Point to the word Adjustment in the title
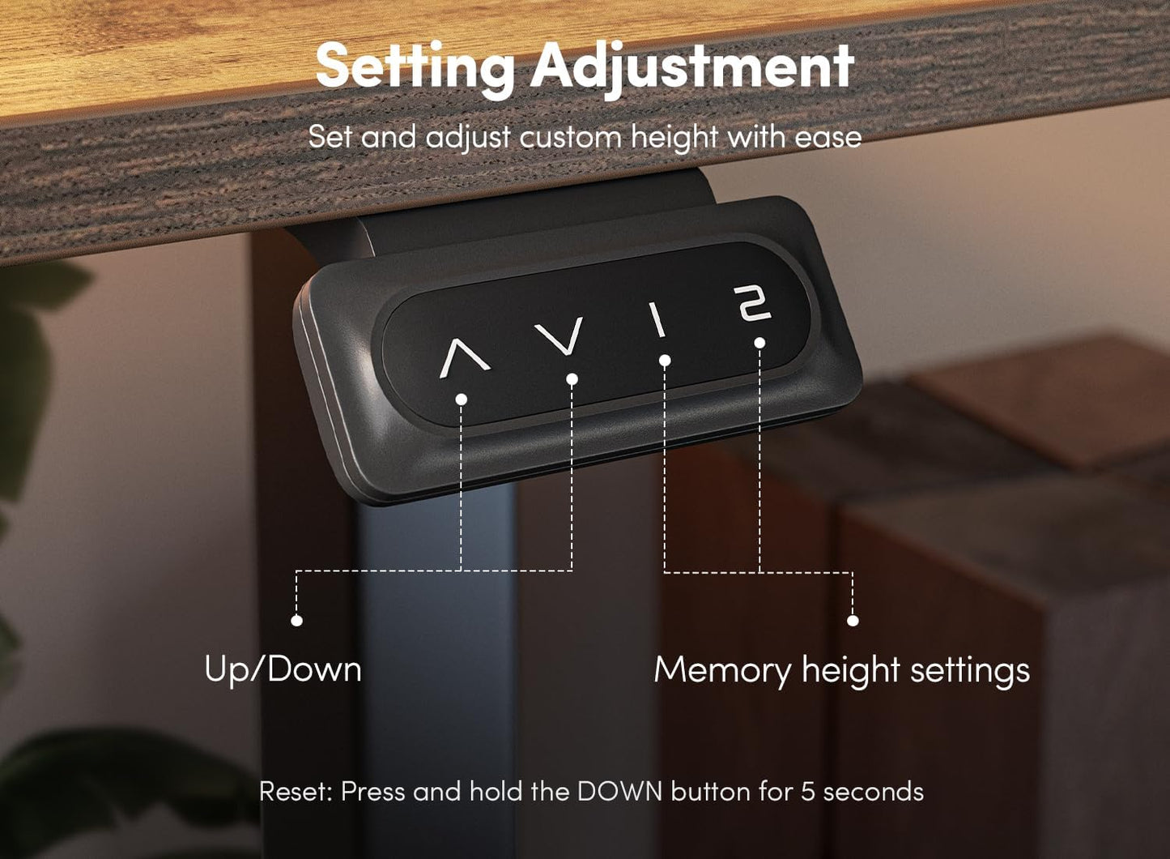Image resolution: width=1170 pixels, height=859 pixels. [x=692, y=68]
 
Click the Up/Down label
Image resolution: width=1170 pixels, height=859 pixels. [x=283, y=669]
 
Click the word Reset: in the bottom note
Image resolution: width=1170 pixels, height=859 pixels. [x=296, y=792]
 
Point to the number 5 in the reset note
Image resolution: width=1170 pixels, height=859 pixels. [x=807, y=792]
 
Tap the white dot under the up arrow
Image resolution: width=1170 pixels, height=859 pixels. [x=461, y=400]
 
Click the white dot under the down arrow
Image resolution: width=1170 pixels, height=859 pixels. [x=572, y=379]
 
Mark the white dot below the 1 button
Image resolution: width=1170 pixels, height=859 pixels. [x=665, y=361]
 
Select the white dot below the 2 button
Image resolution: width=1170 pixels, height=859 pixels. [x=760, y=343]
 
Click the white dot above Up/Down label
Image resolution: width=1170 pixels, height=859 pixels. [x=296, y=621]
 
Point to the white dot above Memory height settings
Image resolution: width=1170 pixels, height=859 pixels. [x=853, y=621]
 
